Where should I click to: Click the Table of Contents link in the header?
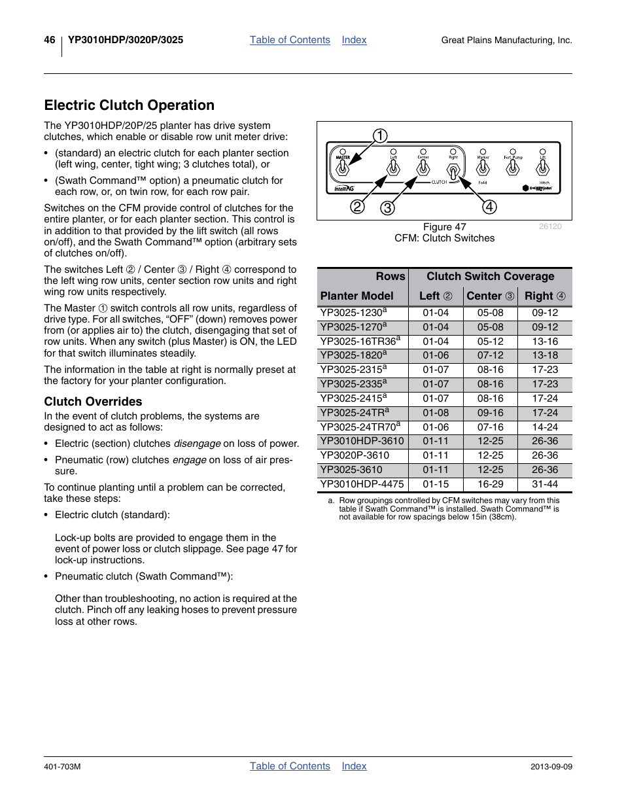tap(290, 40)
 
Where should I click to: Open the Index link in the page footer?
tap(354, 766)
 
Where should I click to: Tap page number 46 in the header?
tap(50, 40)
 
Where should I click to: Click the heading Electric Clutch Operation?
tap(129, 105)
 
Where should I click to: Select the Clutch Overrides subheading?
tap(93, 402)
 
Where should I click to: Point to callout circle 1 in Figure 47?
tap(380, 136)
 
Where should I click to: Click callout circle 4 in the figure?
tap(489, 207)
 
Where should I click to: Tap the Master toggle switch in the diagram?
tap(342, 169)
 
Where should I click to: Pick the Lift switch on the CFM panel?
tap(543, 168)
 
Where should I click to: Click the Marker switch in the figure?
tap(483, 168)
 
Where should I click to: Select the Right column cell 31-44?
tap(544, 484)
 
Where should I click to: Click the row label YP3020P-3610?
tap(355, 455)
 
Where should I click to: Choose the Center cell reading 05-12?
tap(490, 342)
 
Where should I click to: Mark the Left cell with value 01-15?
tap(436, 484)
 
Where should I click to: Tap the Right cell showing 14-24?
tap(544, 427)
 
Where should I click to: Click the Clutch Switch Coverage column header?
tap(490, 277)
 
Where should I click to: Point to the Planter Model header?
tap(357, 296)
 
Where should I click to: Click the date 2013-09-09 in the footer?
tap(551, 767)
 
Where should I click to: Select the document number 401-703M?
tap(62, 767)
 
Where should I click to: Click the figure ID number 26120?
tap(549, 226)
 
